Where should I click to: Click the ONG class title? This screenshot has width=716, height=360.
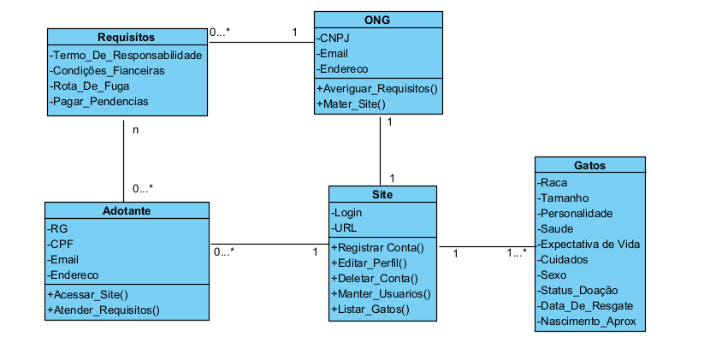point(378,19)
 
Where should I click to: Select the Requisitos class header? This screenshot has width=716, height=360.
point(126,37)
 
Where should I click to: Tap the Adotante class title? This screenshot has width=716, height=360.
point(126,210)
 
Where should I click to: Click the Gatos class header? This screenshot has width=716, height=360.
point(589,165)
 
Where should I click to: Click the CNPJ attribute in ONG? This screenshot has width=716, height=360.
point(334,38)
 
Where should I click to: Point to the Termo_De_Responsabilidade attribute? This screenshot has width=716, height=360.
point(126,55)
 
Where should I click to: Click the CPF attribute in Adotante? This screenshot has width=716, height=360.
point(62,244)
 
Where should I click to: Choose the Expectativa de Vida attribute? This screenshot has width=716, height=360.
point(589,245)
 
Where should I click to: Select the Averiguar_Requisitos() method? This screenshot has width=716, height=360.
point(376,88)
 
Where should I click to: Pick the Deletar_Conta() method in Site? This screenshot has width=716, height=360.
point(374,278)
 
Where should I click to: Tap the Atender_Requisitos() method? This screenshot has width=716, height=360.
point(104,309)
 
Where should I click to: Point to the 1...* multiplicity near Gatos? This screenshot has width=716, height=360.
point(516,253)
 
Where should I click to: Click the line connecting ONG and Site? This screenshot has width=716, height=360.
point(380,150)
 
